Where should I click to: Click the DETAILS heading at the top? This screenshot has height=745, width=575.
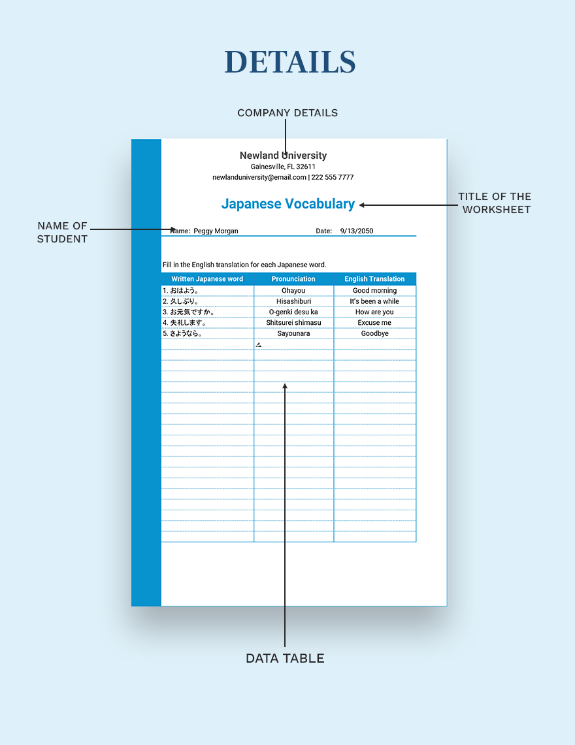[289, 62]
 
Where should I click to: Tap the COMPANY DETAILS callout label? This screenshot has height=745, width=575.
[287, 113]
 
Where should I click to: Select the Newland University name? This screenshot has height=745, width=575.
[283, 156]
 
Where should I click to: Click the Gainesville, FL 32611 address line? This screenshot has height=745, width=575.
[283, 167]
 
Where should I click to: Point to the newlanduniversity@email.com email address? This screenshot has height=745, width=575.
[259, 177]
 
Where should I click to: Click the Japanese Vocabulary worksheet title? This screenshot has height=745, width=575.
[287, 204]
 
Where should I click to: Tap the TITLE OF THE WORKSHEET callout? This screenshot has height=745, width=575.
[494, 203]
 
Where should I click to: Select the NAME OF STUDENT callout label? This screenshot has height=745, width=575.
[62, 232]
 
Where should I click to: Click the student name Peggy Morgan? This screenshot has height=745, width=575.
[216, 231]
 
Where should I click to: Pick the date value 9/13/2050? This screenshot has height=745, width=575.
[356, 231]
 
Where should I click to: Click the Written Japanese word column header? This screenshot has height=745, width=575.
[207, 279]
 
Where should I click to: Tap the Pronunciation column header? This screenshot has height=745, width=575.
[293, 279]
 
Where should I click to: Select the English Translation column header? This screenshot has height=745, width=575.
[374, 279]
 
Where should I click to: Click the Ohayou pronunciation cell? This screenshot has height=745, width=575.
[293, 291]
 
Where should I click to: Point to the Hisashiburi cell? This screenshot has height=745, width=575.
[293, 301]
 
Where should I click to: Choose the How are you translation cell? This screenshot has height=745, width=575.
[374, 312]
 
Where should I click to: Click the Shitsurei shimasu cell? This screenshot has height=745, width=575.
[293, 323]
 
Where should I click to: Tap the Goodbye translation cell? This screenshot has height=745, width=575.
[374, 333]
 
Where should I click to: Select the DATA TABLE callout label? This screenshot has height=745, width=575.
[285, 658]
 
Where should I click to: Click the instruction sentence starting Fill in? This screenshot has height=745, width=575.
[244, 265]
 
